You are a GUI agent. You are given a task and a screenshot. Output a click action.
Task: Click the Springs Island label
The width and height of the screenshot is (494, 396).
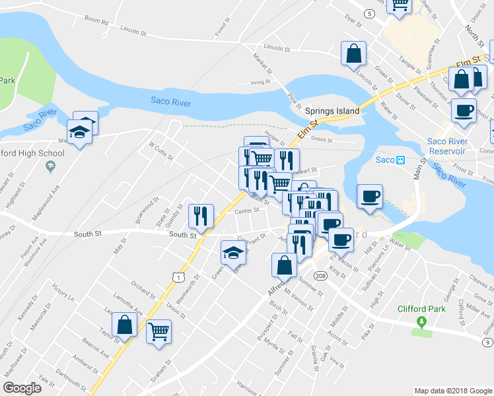tap(332, 111)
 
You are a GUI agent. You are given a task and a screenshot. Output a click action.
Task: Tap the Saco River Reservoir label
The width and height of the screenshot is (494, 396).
tap(449, 147)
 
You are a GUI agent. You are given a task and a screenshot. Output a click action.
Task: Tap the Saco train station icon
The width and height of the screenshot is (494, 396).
tap(400, 160)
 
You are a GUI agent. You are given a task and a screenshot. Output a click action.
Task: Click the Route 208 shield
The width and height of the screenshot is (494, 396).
tap(321, 275)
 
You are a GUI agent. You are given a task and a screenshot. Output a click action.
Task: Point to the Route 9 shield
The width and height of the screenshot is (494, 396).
tap(487, 342)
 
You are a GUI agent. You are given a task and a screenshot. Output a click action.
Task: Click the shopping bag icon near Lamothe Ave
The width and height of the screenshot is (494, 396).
tap(124, 325)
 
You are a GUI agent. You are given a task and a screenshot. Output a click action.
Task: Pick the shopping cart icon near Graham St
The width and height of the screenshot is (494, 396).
tap(159, 331)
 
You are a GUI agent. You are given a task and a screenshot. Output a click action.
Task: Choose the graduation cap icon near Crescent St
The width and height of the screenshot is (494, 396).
tap(232, 252)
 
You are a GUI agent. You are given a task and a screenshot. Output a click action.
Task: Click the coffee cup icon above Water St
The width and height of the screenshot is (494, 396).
tap(370, 196)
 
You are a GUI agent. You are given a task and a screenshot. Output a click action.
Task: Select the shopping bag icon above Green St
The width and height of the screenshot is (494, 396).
tap(353, 54)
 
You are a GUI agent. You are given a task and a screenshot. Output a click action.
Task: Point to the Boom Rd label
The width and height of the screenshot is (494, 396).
tap(96, 21)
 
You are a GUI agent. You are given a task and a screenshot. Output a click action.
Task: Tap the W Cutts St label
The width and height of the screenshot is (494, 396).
tap(160, 151)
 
